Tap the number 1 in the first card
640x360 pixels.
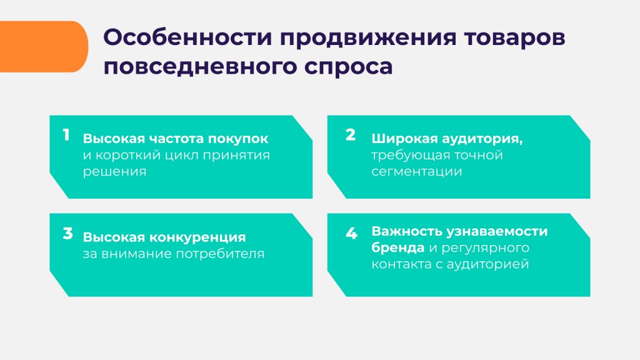[x=66, y=136]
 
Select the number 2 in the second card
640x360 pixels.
[x=351, y=136]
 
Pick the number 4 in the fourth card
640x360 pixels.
[x=351, y=234]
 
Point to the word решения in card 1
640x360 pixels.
[x=114, y=171]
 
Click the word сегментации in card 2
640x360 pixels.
[x=416, y=171]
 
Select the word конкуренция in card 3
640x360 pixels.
[x=197, y=237]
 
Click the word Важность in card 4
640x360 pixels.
[x=406, y=231]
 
